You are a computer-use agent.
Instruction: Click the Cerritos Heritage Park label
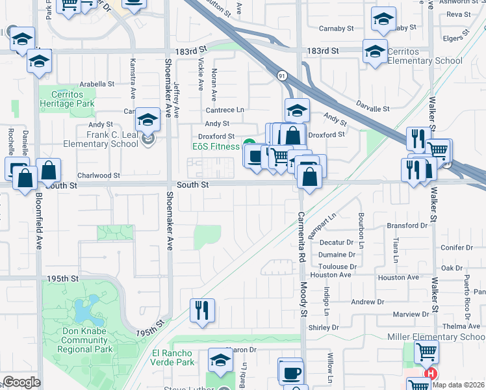click(67, 99)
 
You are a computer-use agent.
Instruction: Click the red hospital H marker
click(429, 374)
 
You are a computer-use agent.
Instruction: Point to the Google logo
click(21, 382)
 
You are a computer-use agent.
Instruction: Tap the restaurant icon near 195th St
click(202, 309)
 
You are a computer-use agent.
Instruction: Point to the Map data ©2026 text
click(457, 385)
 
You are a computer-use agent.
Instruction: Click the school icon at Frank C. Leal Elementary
click(148, 119)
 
